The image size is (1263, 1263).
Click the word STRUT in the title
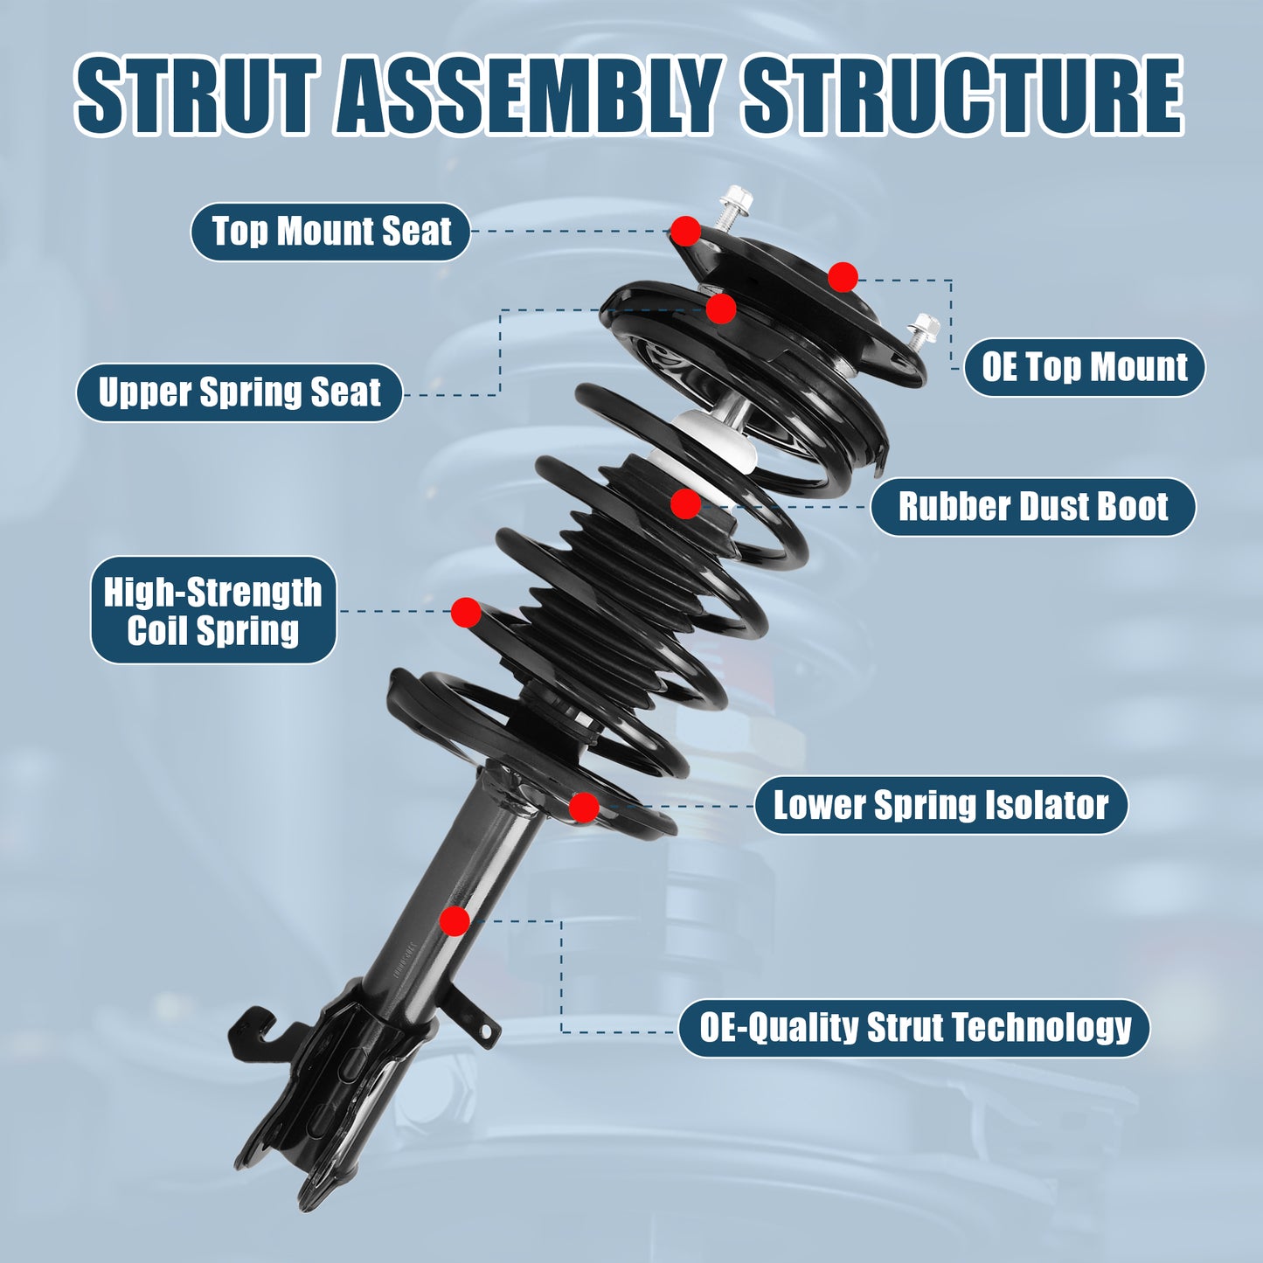[x=196, y=95]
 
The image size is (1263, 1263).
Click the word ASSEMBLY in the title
[x=528, y=95]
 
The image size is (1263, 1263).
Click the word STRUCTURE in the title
[x=962, y=95]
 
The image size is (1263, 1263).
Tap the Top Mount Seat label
[x=330, y=232]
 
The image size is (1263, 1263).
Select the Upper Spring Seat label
[x=239, y=392]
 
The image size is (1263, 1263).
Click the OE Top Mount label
[x=1084, y=367]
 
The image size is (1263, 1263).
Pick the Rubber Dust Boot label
[x=1032, y=507]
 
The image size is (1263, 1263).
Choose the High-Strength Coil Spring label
[x=213, y=611]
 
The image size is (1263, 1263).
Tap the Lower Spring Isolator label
[x=940, y=805]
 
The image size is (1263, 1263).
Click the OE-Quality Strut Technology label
[x=914, y=1028]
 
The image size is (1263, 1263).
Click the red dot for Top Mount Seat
[x=686, y=232]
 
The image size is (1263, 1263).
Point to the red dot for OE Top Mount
[x=843, y=278]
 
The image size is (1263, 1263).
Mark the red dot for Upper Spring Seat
[x=721, y=309]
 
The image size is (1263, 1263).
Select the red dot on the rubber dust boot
[x=686, y=503]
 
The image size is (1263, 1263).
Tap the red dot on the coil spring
[x=466, y=613]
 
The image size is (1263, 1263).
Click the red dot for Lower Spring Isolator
[x=584, y=807]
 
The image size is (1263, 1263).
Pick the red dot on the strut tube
[x=455, y=920]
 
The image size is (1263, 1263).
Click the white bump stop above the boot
[x=717, y=437]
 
